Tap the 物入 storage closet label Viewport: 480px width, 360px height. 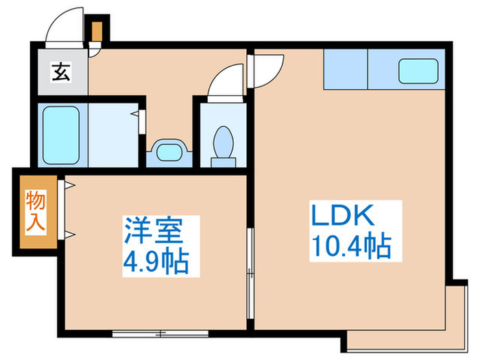pos(37,213)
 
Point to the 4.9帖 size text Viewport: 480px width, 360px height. pos(155,262)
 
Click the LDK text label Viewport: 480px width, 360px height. pos(343,216)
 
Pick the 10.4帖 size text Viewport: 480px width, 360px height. pos(350,245)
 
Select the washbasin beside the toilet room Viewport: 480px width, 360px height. pos(168,150)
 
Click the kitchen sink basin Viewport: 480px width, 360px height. pos(418,70)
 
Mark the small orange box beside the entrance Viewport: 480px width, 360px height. pos(97,32)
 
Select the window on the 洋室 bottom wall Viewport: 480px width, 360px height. pos(160,334)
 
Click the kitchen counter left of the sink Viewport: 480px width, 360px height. pos(345,69)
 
